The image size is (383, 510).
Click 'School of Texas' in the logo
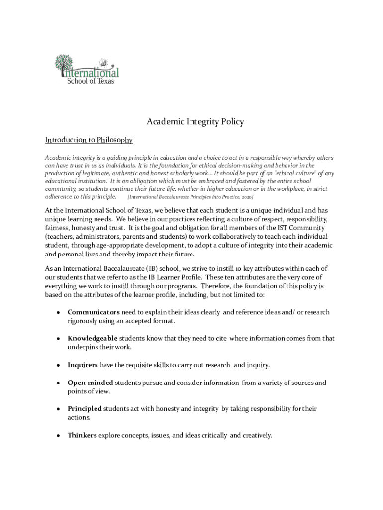pos(91,81)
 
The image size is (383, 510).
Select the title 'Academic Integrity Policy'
pos(195,122)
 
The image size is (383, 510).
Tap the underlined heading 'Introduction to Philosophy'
pos(89,140)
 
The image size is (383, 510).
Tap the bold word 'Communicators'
pos(94,312)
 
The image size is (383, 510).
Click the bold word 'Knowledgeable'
pos(93,339)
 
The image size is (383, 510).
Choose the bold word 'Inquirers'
pos(83,365)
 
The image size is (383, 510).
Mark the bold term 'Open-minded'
pos(91,383)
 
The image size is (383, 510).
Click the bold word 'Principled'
pos(85,409)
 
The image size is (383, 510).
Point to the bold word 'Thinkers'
pos(82,435)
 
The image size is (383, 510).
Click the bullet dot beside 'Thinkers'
pos(58,436)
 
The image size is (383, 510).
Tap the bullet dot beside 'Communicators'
pos(58,313)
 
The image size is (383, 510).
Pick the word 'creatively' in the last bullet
pos(257,435)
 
